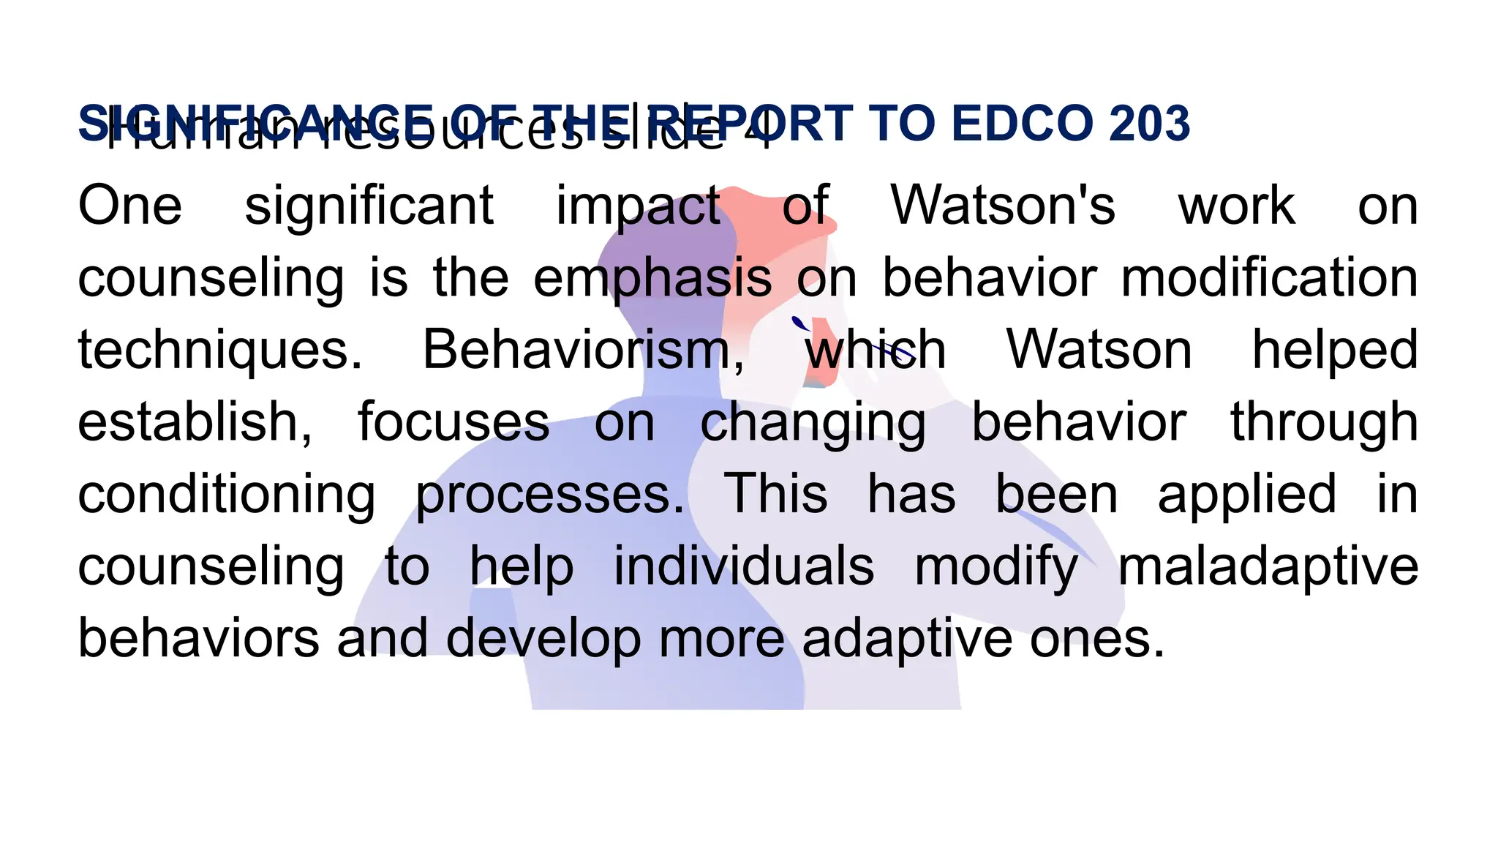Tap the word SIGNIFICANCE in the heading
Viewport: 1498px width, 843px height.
click(x=256, y=123)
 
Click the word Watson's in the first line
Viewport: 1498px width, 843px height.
click(x=1003, y=206)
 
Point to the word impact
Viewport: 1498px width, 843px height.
click(x=639, y=207)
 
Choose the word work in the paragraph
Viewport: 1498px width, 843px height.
click(x=1236, y=206)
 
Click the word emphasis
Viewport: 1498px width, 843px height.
click(x=652, y=279)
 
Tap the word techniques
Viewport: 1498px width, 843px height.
click(x=219, y=351)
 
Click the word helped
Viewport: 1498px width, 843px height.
click(x=1335, y=351)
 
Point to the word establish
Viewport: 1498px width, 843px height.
click(x=195, y=422)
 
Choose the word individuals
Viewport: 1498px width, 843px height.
click(x=743, y=566)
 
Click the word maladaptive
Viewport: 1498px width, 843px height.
click(x=1268, y=567)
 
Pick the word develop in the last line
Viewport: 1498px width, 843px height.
click(x=543, y=639)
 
